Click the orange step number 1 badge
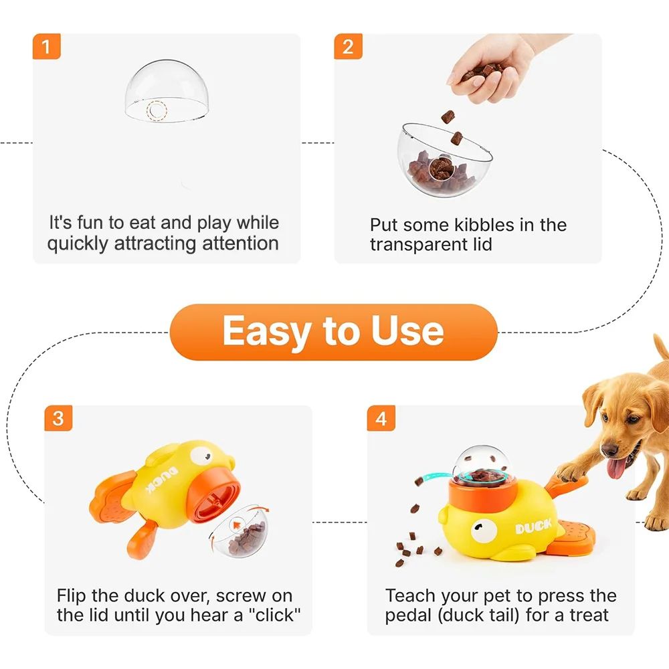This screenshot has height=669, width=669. pos(46,47)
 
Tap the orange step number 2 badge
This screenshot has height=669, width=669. pos(348,47)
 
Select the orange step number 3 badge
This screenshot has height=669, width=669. pos(58,419)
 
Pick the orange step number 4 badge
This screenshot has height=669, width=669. pos(381,419)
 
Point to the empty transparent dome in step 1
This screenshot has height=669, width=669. pos(163,94)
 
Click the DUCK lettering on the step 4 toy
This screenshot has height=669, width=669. pos(533,527)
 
